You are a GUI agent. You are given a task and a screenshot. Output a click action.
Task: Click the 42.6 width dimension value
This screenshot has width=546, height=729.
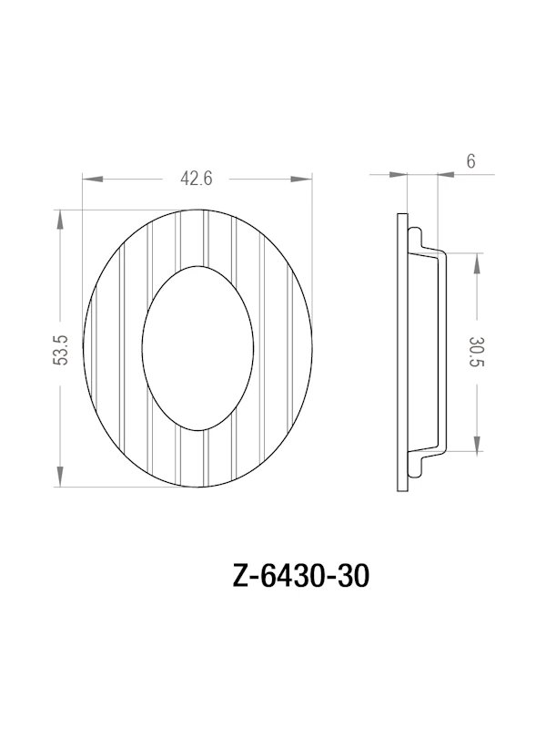[x=197, y=180]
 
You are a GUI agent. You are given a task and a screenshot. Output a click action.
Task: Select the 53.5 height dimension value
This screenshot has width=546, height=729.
[x=61, y=350]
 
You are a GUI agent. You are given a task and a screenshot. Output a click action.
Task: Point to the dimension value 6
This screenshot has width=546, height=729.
[x=470, y=161]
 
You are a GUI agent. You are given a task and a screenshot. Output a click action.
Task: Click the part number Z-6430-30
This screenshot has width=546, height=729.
[x=301, y=578]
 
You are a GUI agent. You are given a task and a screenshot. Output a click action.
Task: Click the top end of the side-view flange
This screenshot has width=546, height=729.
[x=403, y=214]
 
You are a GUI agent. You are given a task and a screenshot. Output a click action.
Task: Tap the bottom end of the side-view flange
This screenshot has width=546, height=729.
[x=403, y=493]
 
